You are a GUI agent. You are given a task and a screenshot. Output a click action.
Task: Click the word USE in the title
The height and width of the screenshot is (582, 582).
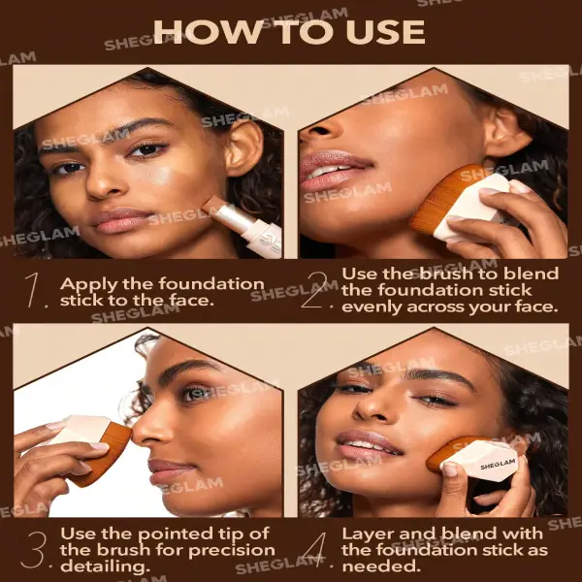pos(386,32)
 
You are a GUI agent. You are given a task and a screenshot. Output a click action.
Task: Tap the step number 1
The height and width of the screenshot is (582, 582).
pos(32,290)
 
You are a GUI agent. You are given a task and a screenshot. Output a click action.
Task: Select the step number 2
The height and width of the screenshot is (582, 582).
pos(313,290)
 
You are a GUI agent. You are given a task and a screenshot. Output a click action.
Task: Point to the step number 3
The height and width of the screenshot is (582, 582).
pos(34,550)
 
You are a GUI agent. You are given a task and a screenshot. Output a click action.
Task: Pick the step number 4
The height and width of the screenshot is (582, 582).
pos(315,550)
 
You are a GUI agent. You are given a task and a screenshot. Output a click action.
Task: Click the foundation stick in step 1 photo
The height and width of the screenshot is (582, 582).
pos(243,223)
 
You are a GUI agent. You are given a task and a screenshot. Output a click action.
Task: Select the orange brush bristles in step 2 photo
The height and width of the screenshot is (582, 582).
pos(442,199)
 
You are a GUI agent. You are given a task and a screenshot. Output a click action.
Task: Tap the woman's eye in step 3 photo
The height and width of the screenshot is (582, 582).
pos(194,394)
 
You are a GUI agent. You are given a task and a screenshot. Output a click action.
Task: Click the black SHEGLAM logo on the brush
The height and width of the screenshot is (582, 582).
pos(499,464)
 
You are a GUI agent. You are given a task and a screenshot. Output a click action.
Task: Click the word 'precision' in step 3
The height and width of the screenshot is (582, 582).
pos(233,550)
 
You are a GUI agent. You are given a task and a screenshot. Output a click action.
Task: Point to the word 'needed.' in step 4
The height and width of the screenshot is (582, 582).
pos(381,566)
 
